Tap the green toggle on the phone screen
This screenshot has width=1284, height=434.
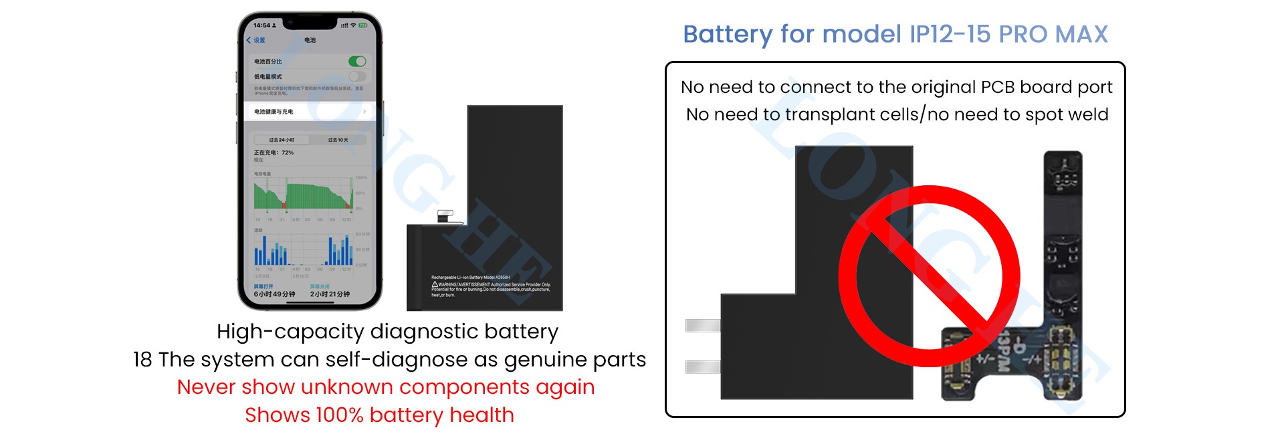point(357,62)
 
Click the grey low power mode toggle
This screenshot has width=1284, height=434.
point(357,76)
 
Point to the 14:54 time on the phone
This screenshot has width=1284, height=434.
point(261,25)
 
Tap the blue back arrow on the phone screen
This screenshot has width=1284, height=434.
point(249,40)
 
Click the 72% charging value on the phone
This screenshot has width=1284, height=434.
point(288,152)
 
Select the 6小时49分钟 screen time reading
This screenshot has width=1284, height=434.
point(274,294)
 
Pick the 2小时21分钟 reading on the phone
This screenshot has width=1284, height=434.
point(330,294)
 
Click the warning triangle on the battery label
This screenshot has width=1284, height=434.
point(435,284)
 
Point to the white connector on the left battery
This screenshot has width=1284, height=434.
point(445,216)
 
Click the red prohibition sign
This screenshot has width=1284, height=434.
point(929,276)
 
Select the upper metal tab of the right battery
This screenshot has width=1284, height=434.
point(703,326)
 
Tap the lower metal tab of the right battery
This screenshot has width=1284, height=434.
point(703,366)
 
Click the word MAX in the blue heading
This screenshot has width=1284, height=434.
point(1081,34)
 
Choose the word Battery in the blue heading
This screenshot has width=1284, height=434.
point(728,34)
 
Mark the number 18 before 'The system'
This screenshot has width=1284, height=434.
point(142,360)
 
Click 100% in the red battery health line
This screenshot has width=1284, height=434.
point(339,415)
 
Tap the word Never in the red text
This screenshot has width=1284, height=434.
point(206,387)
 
